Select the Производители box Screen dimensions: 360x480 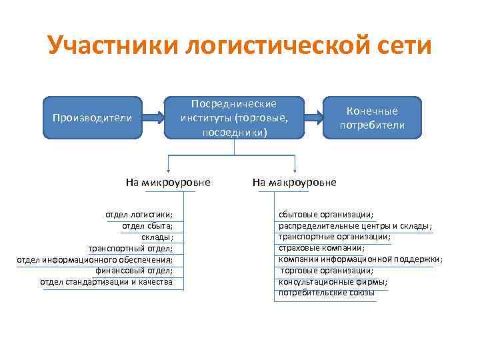pos(92,118)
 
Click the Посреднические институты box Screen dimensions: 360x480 pos(234,118)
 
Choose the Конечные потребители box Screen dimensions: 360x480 pos(372,118)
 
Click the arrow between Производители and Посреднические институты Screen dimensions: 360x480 pos(153,118)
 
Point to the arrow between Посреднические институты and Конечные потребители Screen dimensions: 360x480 pos(313,118)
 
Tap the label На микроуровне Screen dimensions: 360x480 pos(168,182)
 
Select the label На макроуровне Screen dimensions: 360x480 pos(294,182)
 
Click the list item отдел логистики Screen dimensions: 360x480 pos(139,214)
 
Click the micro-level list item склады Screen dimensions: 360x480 pos(157,237)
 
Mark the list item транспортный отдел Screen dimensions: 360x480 pos(131,248)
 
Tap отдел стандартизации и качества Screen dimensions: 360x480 pos(106,282)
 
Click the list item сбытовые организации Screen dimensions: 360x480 pos(326,214)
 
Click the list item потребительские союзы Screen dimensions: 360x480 pos(327,293)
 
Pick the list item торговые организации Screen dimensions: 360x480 pos(327,271)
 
